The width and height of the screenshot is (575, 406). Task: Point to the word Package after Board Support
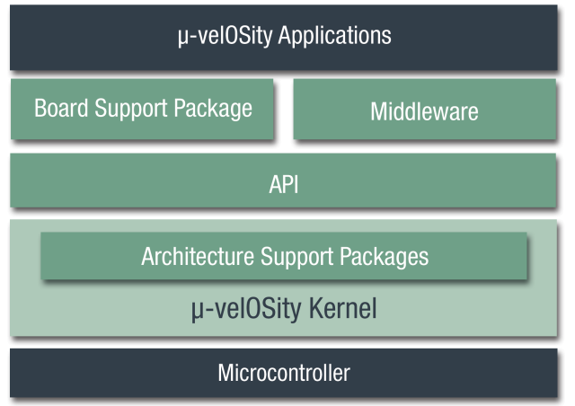click(x=218, y=110)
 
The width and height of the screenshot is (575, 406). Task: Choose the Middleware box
click(x=424, y=111)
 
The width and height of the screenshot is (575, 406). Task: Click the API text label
click(x=284, y=185)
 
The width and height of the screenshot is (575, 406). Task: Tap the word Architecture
click(x=198, y=257)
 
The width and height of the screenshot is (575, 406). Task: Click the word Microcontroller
click(x=284, y=373)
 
